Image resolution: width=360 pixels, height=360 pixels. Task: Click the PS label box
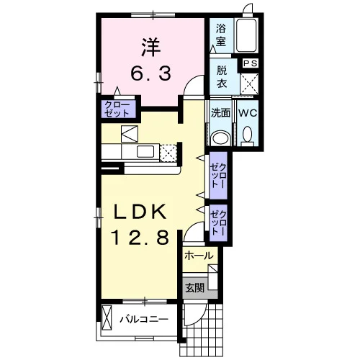pyautogui.click(x=250, y=63)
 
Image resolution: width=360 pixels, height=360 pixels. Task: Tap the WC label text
pyautogui.click(x=248, y=113)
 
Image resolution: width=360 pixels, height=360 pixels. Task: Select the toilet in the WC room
pyautogui.click(x=248, y=137)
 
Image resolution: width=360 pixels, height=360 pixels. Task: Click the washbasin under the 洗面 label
pyautogui.click(x=220, y=138)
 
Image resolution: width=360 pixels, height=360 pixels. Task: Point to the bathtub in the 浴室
pyautogui.click(x=246, y=35)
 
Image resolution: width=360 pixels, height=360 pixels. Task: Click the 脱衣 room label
pyautogui.click(x=222, y=77)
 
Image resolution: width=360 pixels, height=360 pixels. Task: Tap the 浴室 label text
pyautogui.click(x=221, y=35)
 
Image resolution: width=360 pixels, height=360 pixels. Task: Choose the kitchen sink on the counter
pyautogui.click(x=145, y=152)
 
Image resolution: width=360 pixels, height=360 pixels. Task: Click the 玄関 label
pyautogui.click(x=195, y=288)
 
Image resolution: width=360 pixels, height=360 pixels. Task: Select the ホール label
pyautogui.click(x=199, y=256)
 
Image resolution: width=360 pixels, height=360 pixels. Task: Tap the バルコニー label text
pyautogui.click(x=144, y=320)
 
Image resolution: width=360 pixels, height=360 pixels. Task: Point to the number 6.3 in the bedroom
pyautogui.click(x=151, y=73)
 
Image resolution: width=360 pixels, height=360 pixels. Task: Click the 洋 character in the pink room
pyautogui.click(x=151, y=48)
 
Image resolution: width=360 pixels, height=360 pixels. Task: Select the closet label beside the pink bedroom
pyautogui.click(x=117, y=109)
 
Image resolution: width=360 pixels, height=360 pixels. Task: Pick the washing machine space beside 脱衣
pyautogui.click(x=249, y=84)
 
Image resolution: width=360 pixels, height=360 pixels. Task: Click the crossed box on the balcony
pyautogui.click(x=107, y=318)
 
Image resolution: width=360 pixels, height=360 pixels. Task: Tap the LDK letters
pyautogui.click(x=140, y=212)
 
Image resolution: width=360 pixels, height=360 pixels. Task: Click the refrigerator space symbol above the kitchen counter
pyautogui.click(x=130, y=134)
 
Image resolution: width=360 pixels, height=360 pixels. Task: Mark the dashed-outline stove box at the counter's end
pyautogui.click(x=168, y=153)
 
